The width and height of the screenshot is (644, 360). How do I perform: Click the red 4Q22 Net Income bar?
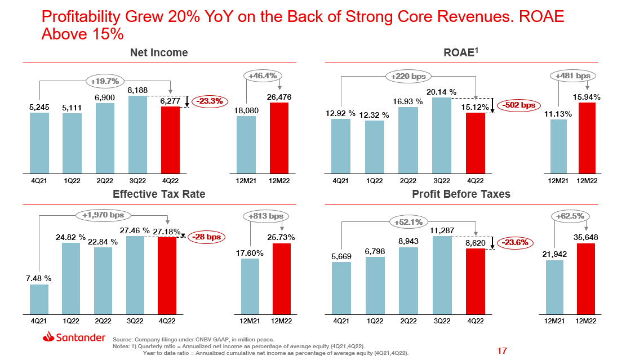[x=171, y=139]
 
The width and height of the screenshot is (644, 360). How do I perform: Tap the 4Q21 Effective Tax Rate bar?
[x=39, y=299]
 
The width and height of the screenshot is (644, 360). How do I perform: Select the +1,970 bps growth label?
[x=103, y=215]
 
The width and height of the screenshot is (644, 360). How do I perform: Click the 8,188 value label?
[x=137, y=89]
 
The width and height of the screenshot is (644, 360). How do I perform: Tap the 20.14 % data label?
[x=442, y=92]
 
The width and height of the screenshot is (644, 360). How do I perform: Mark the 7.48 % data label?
[x=39, y=278]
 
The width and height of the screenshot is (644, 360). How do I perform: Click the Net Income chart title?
[x=159, y=53]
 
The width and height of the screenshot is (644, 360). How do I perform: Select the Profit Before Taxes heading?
[x=461, y=194]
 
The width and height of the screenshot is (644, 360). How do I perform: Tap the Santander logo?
[x=73, y=337]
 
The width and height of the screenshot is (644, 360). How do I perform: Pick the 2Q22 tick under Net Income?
[x=105, y=181]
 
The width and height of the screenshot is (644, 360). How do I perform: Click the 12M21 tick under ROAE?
[x=558, y=181]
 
